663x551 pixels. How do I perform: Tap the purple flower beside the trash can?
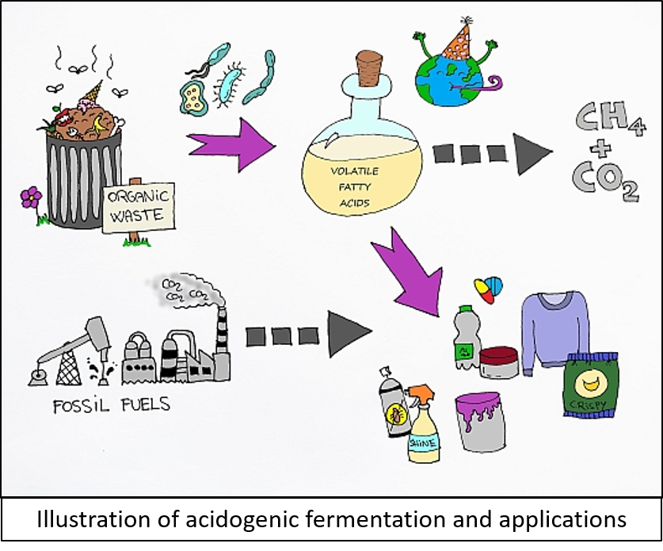(x=32, y=197)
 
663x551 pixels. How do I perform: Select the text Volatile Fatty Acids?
(x=354, y=187)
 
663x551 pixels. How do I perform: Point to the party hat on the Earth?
(x=457, y=42)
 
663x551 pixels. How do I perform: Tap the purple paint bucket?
(x=480, y=421)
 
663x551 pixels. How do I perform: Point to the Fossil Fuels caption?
(x=111, y=405)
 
